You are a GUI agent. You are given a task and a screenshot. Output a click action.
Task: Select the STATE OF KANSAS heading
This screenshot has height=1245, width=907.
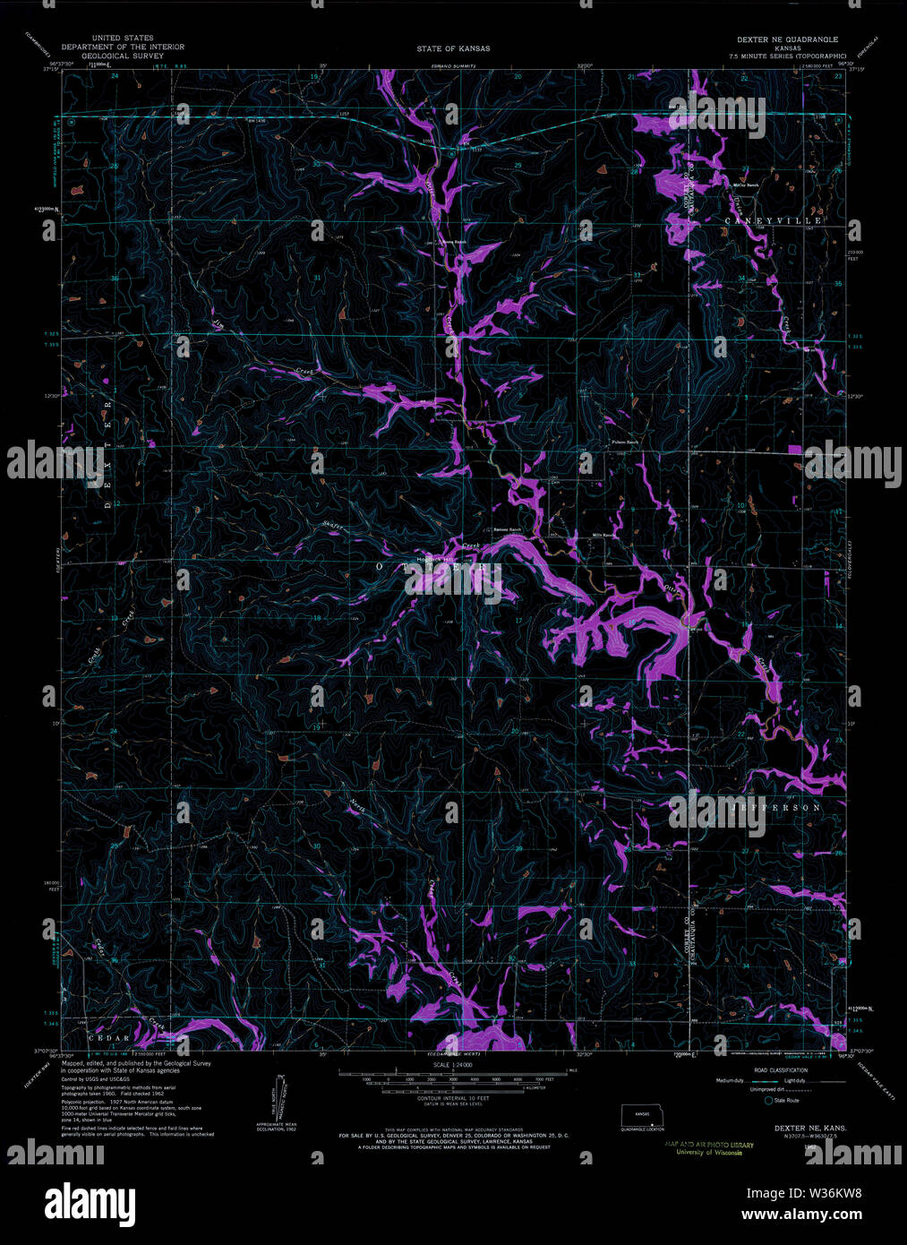(454, 48)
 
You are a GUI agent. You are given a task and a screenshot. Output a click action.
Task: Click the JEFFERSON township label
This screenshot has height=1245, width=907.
(775, 808)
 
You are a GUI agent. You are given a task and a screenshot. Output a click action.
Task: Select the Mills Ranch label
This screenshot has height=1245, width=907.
(605, 536)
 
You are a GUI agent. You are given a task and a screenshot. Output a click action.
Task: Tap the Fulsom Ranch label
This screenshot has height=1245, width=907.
(625, 442)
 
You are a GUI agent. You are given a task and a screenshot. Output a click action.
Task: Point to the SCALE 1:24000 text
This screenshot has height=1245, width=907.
(453, 1065)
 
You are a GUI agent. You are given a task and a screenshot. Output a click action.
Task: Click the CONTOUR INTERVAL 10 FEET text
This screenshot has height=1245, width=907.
(452, 1098)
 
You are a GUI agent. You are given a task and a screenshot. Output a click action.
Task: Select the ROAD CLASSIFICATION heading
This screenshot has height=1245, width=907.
(775, 1070)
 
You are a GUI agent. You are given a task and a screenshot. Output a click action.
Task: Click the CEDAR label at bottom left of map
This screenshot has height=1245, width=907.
(103, 1036)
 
